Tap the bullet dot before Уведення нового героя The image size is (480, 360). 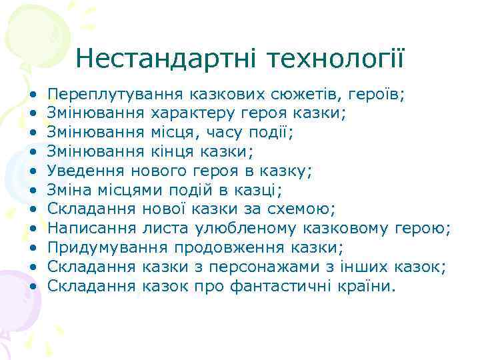click(x=31, y=171)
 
